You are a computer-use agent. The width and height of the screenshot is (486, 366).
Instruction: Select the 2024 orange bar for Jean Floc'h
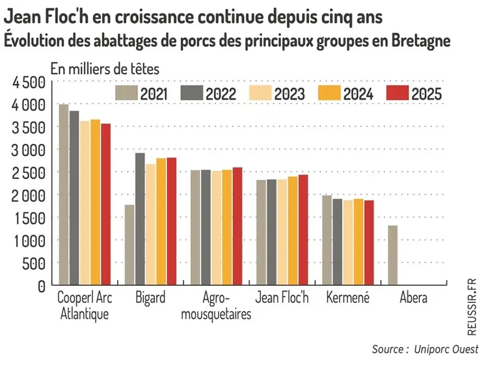(293, 231)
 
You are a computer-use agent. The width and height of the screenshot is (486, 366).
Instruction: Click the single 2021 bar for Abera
(393, 255)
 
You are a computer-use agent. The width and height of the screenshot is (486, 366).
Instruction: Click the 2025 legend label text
(426, 94)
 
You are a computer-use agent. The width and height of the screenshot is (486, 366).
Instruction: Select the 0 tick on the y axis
(41, 286)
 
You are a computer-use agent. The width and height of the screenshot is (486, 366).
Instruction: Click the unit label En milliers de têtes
(105, 67)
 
